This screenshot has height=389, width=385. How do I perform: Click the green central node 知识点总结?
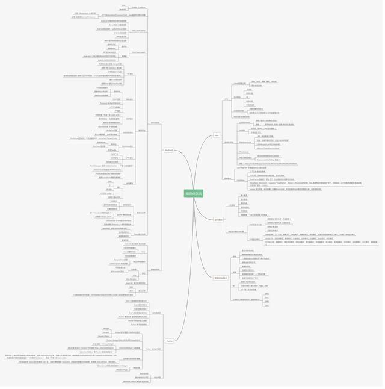coord(194,193)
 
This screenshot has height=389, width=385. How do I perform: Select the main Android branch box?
coord(168,150)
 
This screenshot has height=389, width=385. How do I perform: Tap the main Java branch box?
coord(217,135)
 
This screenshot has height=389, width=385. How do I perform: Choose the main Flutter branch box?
coord(169,341)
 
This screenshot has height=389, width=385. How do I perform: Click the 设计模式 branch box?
coord(218,220)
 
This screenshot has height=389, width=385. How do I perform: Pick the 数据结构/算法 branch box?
coord(221,278)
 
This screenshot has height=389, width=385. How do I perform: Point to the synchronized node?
coord(244,123)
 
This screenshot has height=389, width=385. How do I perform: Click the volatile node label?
coord(242,130)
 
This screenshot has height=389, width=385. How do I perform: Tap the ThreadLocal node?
coord(244,152)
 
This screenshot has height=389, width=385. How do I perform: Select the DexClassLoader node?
coord(138,52)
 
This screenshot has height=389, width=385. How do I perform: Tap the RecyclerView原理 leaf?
coord(120,260)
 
